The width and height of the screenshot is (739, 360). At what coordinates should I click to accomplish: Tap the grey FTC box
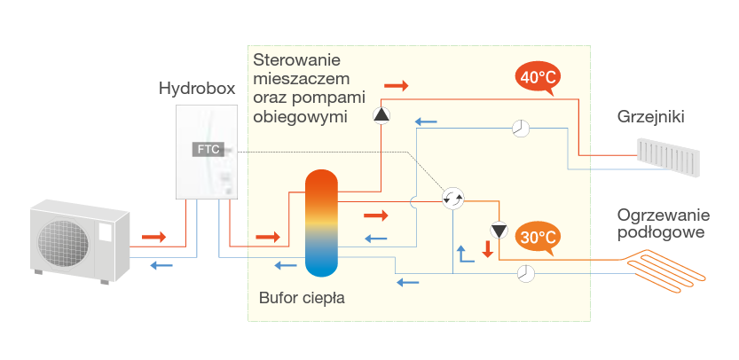(208, 149)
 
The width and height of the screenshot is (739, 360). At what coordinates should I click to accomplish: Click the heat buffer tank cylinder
(321, 223)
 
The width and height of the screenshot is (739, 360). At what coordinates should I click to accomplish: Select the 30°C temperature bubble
(539, 238)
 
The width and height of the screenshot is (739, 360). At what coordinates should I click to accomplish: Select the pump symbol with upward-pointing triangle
(381, 115)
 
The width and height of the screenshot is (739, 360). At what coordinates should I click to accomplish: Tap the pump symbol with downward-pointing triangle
(499, 231)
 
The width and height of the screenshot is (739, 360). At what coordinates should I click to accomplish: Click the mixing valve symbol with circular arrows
(453, 200)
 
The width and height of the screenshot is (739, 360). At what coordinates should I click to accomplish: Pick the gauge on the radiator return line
(521, 129)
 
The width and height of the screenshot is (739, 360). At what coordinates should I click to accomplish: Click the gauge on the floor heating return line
(526, 273)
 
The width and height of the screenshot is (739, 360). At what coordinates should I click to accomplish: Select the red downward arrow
(486, 249)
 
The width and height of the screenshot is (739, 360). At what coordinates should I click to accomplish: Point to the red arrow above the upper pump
(396, 86)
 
